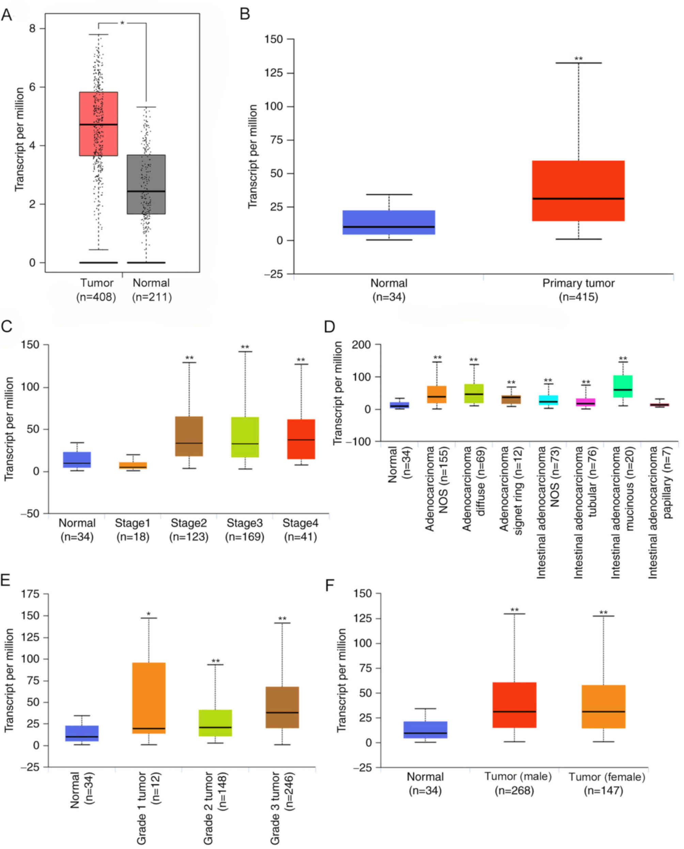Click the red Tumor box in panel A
(98, 124)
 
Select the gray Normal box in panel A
(146, 184)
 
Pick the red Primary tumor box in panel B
(578, 191)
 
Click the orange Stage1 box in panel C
(133, 465)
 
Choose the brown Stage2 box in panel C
(189, 436)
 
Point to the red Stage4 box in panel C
(301, 439)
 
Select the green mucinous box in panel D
(623, 386)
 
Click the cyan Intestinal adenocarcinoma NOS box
(548, 400)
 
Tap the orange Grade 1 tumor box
(149, 698)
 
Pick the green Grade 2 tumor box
(215, 723)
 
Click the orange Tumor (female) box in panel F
(603, 706)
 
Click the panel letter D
(329, 326)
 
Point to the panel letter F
(330, 586)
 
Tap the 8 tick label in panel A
(32, 28)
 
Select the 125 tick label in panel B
(274, 73)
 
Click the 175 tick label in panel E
(30, 594)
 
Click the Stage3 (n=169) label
(245, 530)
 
